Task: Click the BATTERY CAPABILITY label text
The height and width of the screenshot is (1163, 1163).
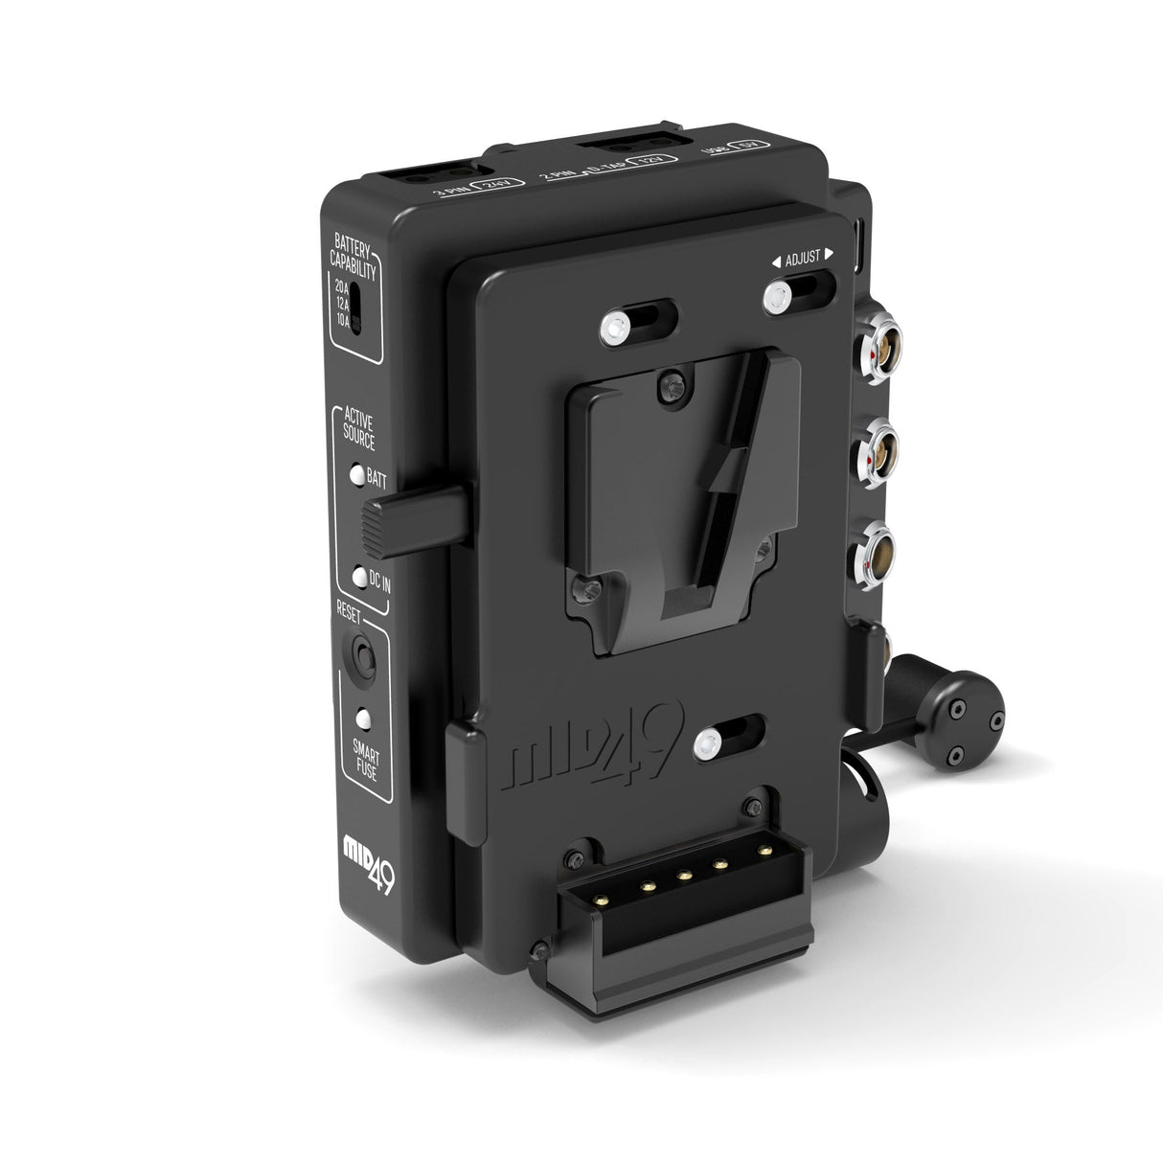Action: pos(353,258)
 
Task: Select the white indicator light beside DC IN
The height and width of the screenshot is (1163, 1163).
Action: pos(359,577)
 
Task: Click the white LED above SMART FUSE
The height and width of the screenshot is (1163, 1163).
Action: pos(364,718)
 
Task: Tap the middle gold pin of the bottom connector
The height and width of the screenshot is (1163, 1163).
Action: pos(685,875)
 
